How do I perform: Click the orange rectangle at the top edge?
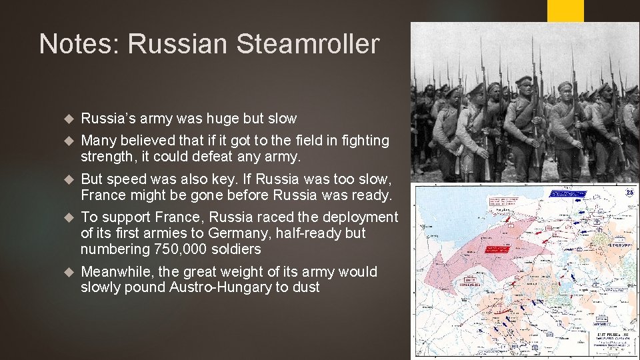[565, 11]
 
